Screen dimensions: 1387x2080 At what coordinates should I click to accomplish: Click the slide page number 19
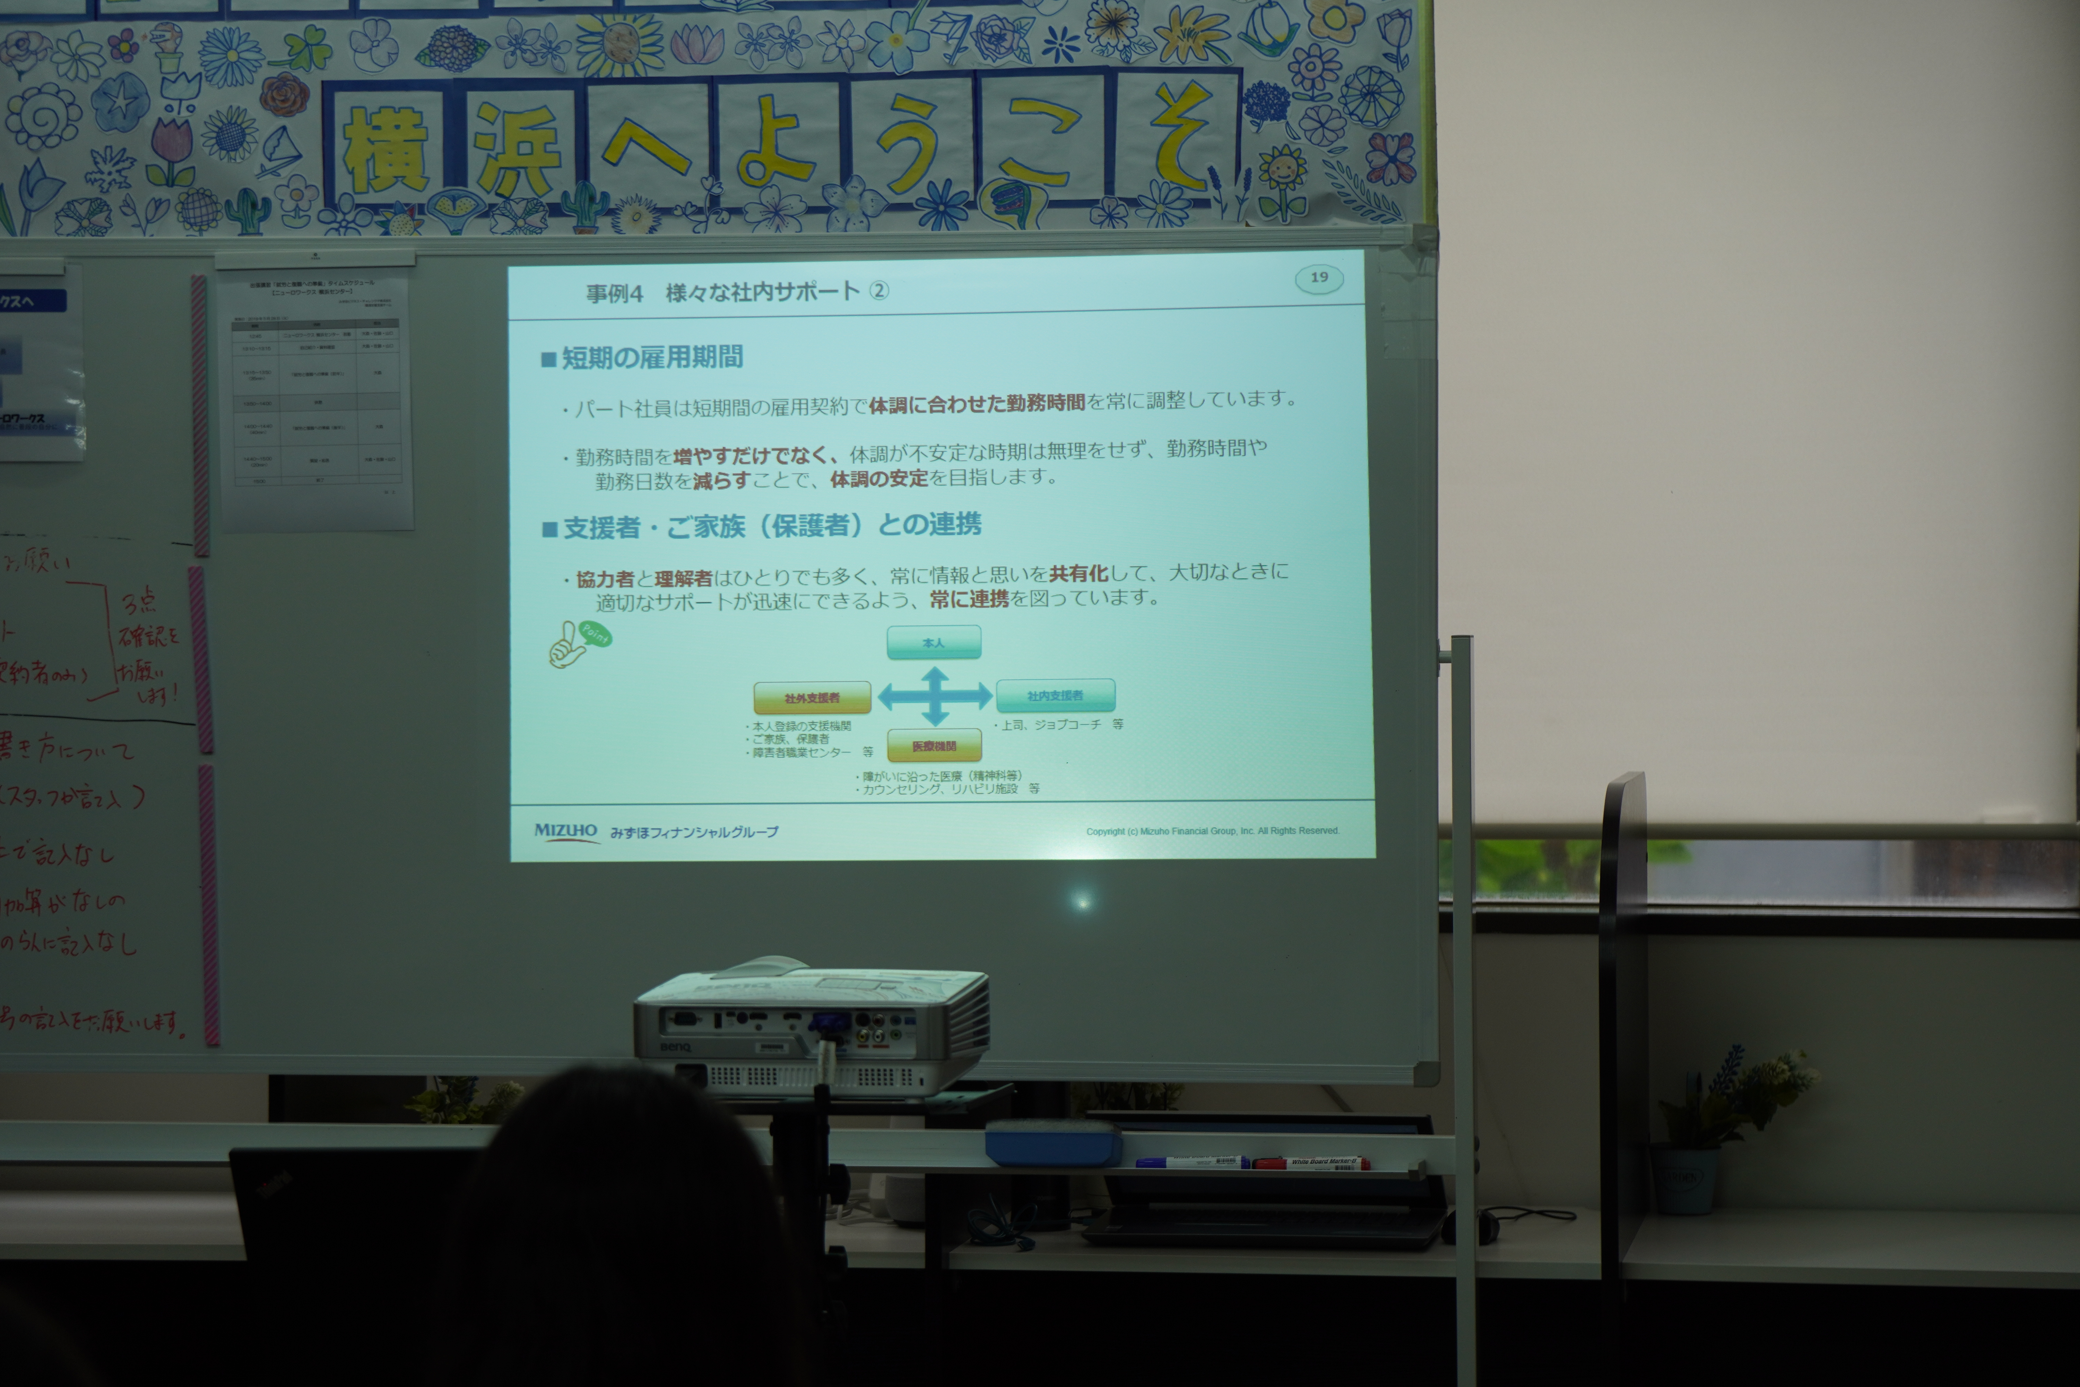[x=1319, y=278]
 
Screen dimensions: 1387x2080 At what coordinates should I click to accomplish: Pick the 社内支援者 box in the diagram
[x=1055, y=695]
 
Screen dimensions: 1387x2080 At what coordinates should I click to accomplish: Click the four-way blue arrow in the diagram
[x=935, y=696]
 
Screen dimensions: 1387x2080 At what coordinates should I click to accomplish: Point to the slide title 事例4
[x=615, y=293]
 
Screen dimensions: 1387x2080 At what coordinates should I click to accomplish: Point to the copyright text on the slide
[x=1212, y=830]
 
